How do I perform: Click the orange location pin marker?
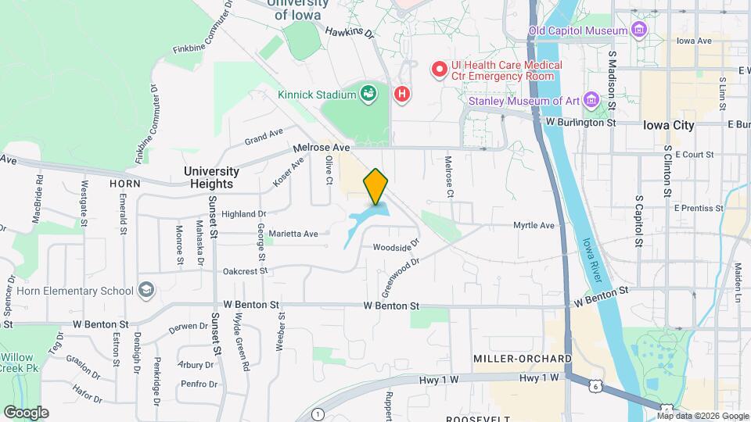(375, 187)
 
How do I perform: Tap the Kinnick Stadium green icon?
(368, 95)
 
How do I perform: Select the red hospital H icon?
(402, 95)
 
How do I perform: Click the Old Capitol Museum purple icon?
(641, 30)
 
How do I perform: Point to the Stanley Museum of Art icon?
(591, 100)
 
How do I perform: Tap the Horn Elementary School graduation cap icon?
(146, 291)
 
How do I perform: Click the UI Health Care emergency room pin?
(440, 70)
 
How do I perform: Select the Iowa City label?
(668, 125)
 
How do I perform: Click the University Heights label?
(211, 177)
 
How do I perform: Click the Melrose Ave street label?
(322, 147)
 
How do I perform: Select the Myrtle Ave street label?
(534, 225)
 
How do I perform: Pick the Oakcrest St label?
(245, 271)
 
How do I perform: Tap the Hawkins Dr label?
(350, 33)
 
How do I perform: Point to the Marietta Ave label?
(293, 233)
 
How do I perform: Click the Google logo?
(26, 412)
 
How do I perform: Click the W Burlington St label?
(581, 123)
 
